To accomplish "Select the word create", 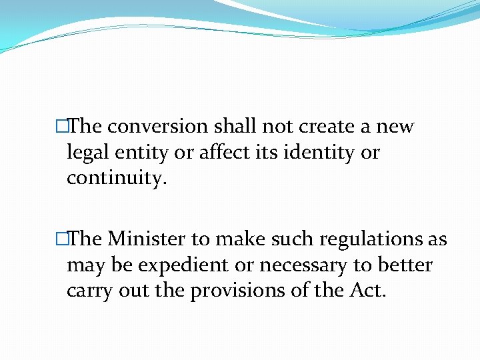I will [319, 127].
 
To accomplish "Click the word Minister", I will [148, 239].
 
